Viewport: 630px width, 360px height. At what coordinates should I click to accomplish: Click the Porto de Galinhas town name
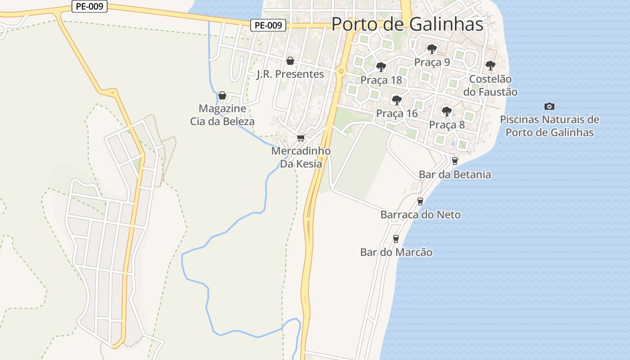pyautogui.click(x=407, y=24)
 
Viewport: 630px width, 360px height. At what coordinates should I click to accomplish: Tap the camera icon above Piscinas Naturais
pyautogui.click(x=549, y=107)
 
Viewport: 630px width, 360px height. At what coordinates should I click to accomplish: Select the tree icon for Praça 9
pyautogui.click(x=432, y=49)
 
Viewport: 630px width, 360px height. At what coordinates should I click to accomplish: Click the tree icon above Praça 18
pyautogui.click(x=381, y=67)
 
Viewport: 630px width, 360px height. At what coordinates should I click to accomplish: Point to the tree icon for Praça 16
pyautogui.click(x=396, y=100)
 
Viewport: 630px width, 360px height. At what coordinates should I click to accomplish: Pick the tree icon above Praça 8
pyautogui.click(x=446, y=111)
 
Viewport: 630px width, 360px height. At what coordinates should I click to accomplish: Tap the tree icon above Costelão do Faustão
pyautogui.click(x=490, y=66)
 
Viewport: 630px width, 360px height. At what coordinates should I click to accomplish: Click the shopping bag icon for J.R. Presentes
pyautogui.click(x=290, y=61)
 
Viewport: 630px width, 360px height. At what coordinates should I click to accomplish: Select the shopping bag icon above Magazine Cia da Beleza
pyautogui.click(x=222, y=95)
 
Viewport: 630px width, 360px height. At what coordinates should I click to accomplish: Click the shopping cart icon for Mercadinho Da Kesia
pyautogui.click(x=301, y=138)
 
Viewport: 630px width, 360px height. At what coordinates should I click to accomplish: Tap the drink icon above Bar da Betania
pyautogui.click(x=455, y=161)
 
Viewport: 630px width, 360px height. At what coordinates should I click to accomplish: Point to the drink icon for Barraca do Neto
pyautogui.click(x=420, y=202)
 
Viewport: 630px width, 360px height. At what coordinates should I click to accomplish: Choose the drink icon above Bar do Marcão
pyautogui.click(x=396, y=239)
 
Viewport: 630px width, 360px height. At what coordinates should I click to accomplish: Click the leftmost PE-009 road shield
pyautogui.click(x=90, y=6)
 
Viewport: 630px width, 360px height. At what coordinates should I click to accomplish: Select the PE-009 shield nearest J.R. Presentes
pyautogui.click(x=269, y=26)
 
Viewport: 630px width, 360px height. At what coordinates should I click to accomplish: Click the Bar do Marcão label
pyautogui.click(x=396, y=252)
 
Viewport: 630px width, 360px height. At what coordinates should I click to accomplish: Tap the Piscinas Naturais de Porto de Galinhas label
pyautogui.click(x=549, y=126)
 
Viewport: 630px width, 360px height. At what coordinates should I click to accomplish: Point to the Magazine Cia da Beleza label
pyautogui.click(x=222, y=115)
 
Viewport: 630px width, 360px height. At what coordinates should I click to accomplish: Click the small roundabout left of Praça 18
pyautogui.click(x=342, y=71)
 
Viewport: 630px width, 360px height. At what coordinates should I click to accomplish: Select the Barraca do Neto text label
pyautogui.click(x=420, y=215)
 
